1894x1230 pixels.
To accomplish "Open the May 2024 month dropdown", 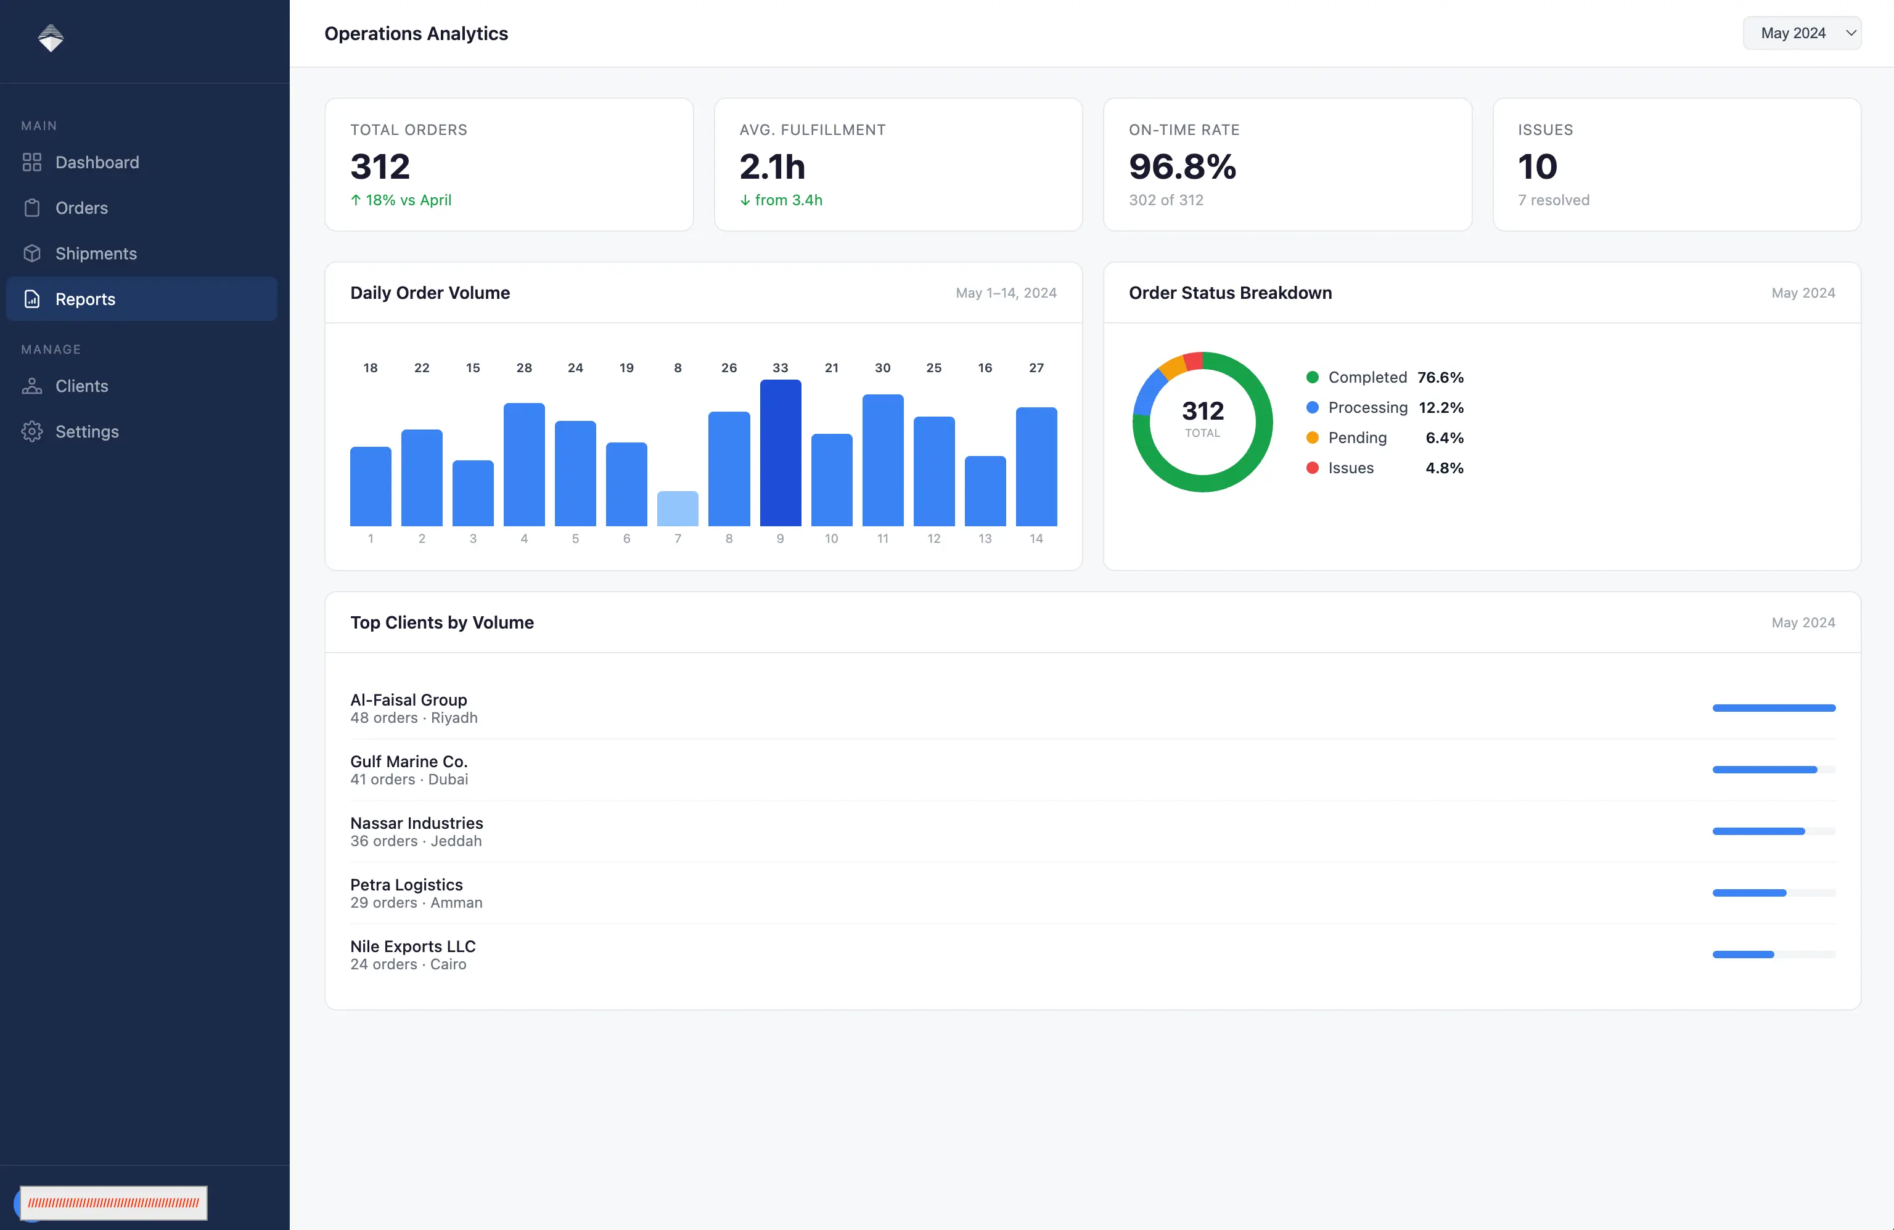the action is [1802, 33].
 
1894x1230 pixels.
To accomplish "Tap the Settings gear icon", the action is [32, 431].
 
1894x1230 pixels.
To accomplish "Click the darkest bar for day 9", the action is [780, 453].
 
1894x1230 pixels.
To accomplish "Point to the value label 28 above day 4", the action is [523, 367].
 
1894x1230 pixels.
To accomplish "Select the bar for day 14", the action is [1036, 466].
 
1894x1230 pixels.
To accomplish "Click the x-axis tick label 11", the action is [882, 539].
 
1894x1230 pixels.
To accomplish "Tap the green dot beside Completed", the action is [1312, 377].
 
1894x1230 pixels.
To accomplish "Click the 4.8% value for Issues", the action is [1445, 468].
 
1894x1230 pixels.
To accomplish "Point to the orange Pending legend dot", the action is [1312, 438].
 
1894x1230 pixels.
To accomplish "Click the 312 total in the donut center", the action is [1202, 410].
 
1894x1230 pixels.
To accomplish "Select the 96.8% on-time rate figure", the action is [1183, 166].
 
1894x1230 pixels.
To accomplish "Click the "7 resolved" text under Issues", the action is [1554, 200].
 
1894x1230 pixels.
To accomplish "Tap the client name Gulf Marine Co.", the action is [409, 762].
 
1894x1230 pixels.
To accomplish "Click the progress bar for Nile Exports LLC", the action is [1774, 954].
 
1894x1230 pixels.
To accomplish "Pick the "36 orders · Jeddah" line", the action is [416, 841].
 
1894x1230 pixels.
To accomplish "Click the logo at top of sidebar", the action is [51, 38].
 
